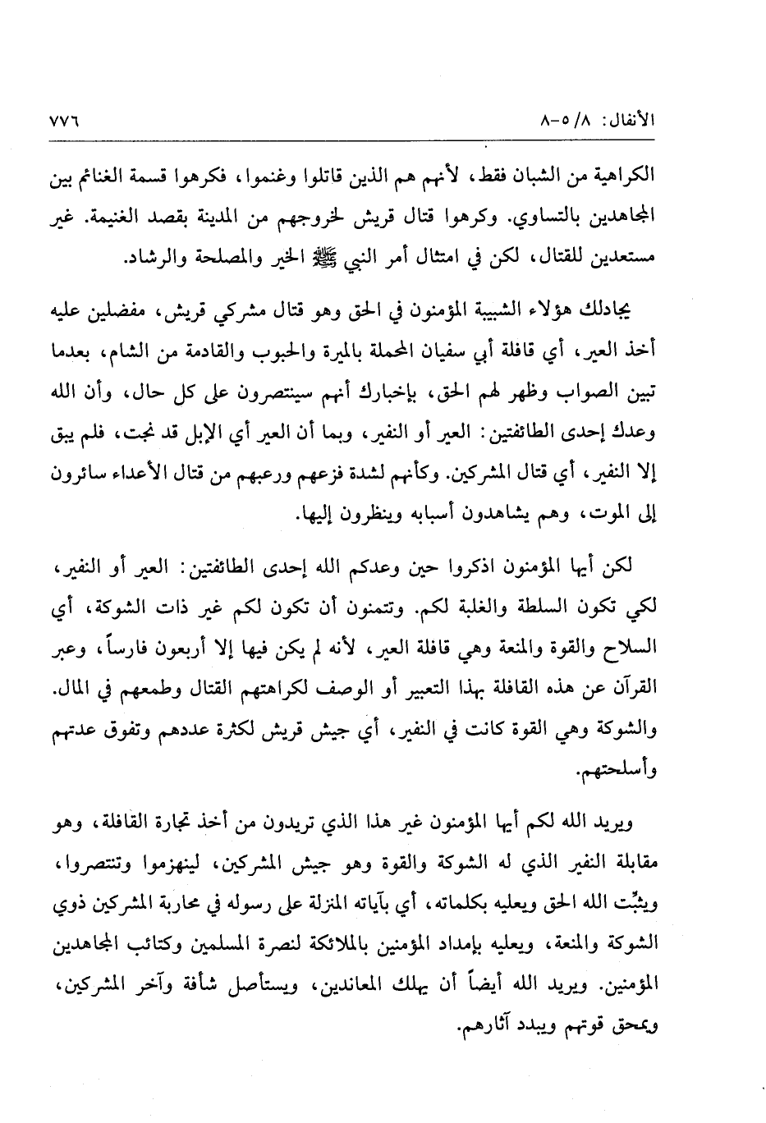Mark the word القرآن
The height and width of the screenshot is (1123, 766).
(x=690, y=686)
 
